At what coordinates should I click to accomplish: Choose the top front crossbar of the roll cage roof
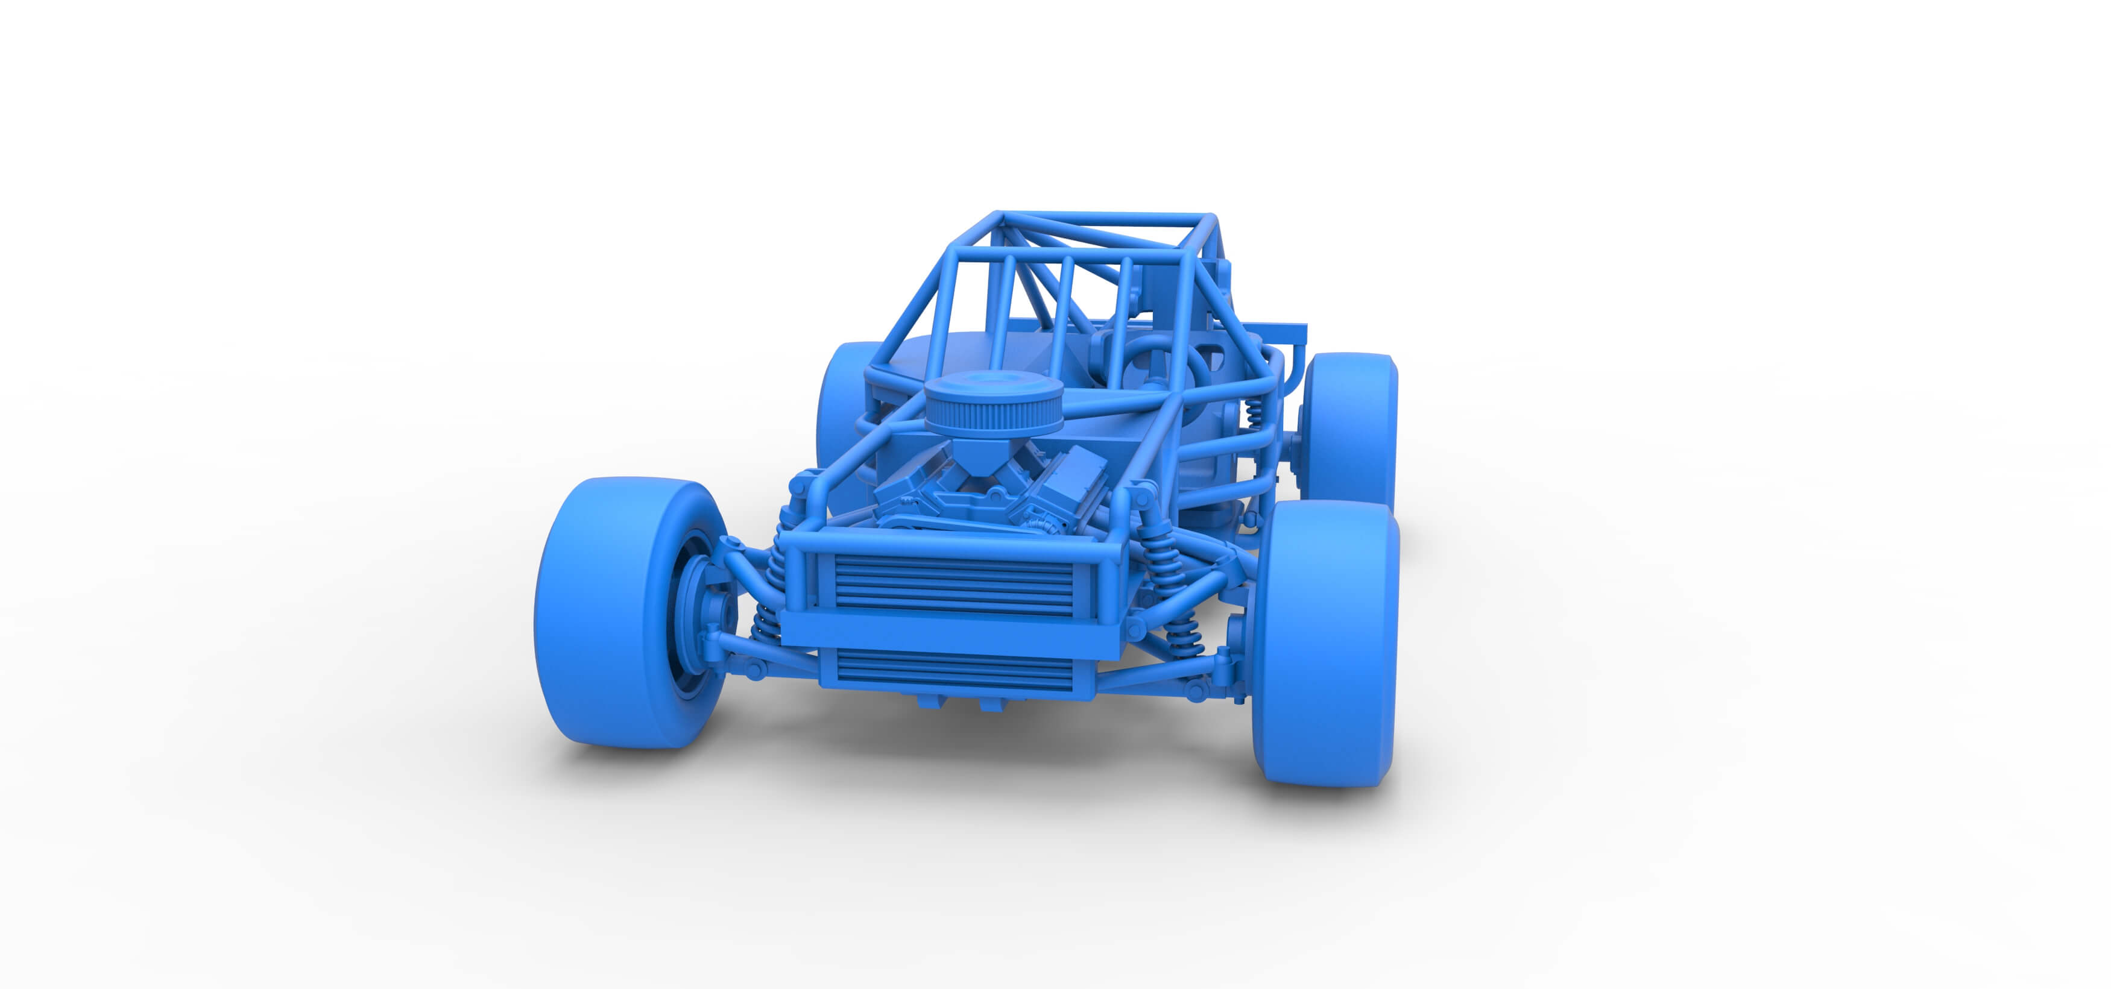(x=1106, y=219)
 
